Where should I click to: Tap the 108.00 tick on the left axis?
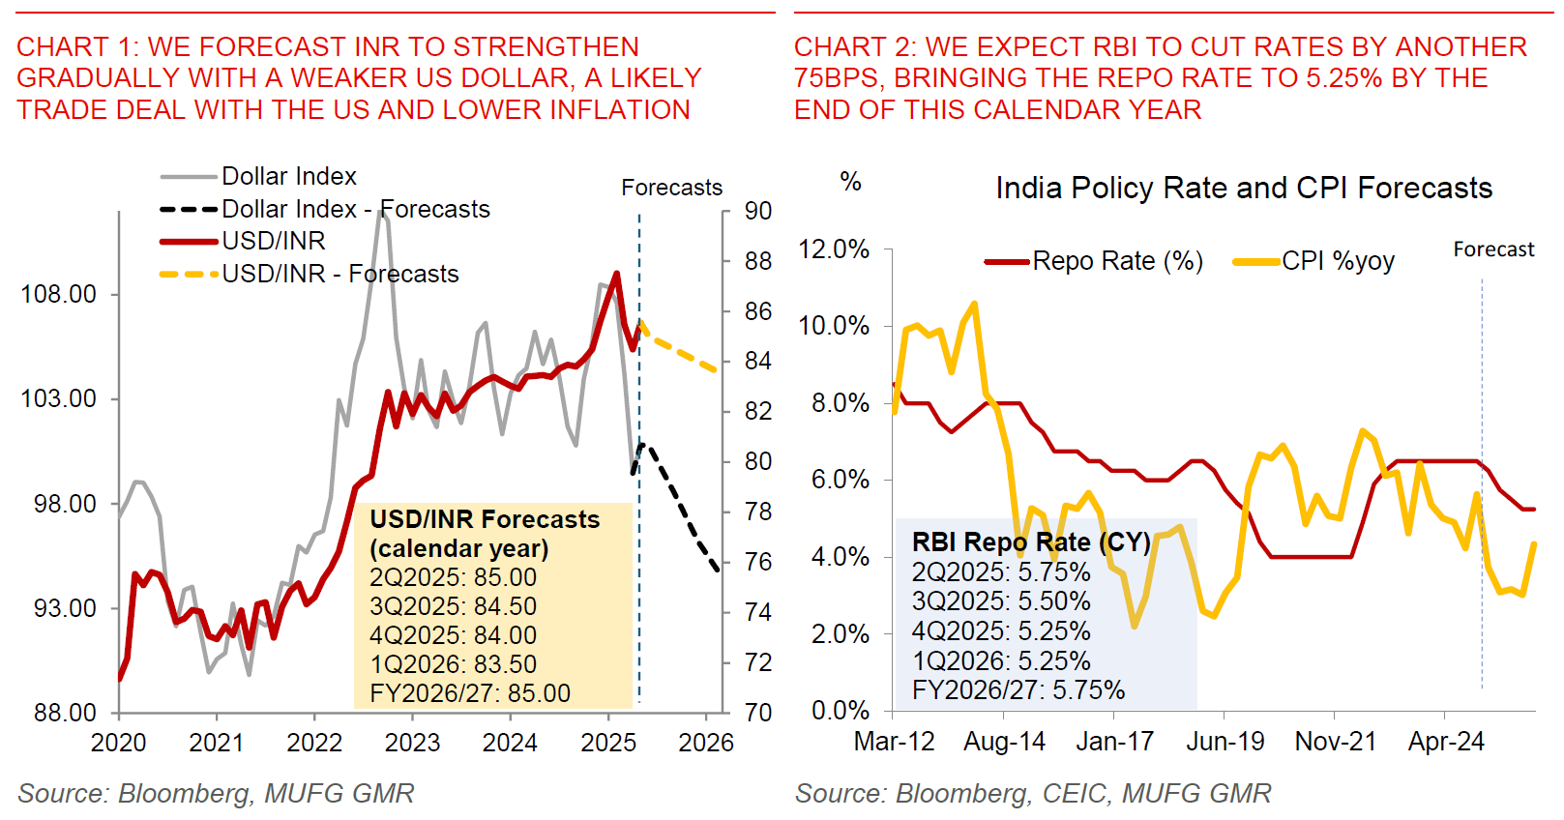pyautogui.click(x=59, y=294)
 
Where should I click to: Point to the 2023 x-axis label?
pyautogui.click(x=412, y=743)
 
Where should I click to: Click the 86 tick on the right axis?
pyautogui.click(x=758, y=311)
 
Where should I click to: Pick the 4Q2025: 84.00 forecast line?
pyautogui.click(x=453, y=635)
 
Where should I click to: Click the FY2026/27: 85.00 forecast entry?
pyautogui.click(x=470, y=693)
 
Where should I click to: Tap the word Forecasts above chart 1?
pyautogui.click(x=671, y=188)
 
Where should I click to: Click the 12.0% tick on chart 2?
pyautogui.click(x=834, y=249)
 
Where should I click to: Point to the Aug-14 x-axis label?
pyautogui.click(x=1004, y=742)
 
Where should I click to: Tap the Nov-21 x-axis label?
pyautogui.click(x=1335, y=742)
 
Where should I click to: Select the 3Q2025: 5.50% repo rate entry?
pyautogui.click(x=1001, y=601)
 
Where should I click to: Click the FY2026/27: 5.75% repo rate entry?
pyautogui.click(x=1018, y=690)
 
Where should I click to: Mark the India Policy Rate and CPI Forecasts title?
pyautogui.click(x=1244, y=188)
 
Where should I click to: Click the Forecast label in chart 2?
pyautogui.click(x=1493, y=249)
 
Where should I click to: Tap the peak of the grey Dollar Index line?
pyautogui.click(x=382, y=211)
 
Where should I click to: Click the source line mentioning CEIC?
pyautogui.click(x=1033, y=794)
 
